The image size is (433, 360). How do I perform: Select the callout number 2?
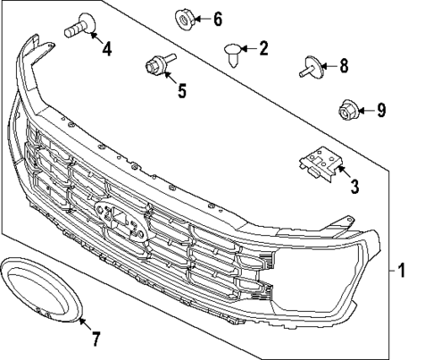coord(262,50)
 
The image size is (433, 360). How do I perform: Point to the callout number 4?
coord(106,49)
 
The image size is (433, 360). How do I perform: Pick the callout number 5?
coord(182,90)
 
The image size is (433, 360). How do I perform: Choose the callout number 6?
coord(217,19)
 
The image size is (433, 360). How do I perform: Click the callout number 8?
coord(344,65)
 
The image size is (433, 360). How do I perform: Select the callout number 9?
coord(380,111)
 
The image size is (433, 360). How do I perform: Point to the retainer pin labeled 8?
coord(312,65)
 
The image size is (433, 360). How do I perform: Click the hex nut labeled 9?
coord(346,111)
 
